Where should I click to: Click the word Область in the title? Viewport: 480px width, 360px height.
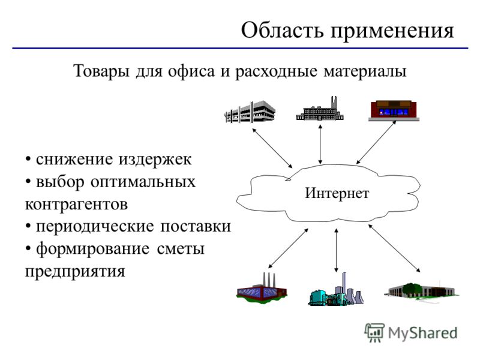point(282,31)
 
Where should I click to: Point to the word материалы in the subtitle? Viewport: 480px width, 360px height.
point(365,71)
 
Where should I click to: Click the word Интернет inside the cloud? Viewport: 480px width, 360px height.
point(337,193)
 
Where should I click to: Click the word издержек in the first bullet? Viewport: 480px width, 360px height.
point(155,160)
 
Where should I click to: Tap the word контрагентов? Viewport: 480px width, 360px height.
point(76,204)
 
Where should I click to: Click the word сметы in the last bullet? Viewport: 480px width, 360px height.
point(181,249)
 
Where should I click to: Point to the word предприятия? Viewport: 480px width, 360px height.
point(75,272)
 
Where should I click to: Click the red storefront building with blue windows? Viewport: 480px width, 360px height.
point(394,110)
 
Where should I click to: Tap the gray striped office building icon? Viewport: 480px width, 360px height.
point(250,112)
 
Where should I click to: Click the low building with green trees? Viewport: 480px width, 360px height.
point(421,290)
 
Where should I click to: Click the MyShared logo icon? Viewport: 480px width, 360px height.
point(374,332)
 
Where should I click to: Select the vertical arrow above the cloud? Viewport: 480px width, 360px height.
point(320,144)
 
